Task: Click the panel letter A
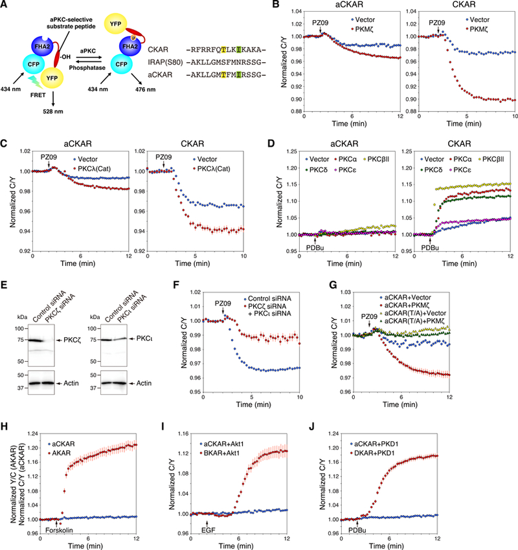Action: coord(4,5)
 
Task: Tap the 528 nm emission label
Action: coord(53,111)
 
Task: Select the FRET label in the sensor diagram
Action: coord(38,95)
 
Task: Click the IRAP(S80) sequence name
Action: coord(165,62)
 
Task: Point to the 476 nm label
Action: coord(145,89)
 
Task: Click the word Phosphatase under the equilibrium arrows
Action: coord(87,68)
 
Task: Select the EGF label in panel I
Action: coord(208,530)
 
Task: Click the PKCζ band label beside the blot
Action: coord(73,340)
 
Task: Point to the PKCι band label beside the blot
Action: coord(144,338)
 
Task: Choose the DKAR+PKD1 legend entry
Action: coord(372,453)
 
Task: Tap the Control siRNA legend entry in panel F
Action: coord(267,298)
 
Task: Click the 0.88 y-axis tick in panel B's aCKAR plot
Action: coord(297,111)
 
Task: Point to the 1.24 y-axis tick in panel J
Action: coord(333,434)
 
